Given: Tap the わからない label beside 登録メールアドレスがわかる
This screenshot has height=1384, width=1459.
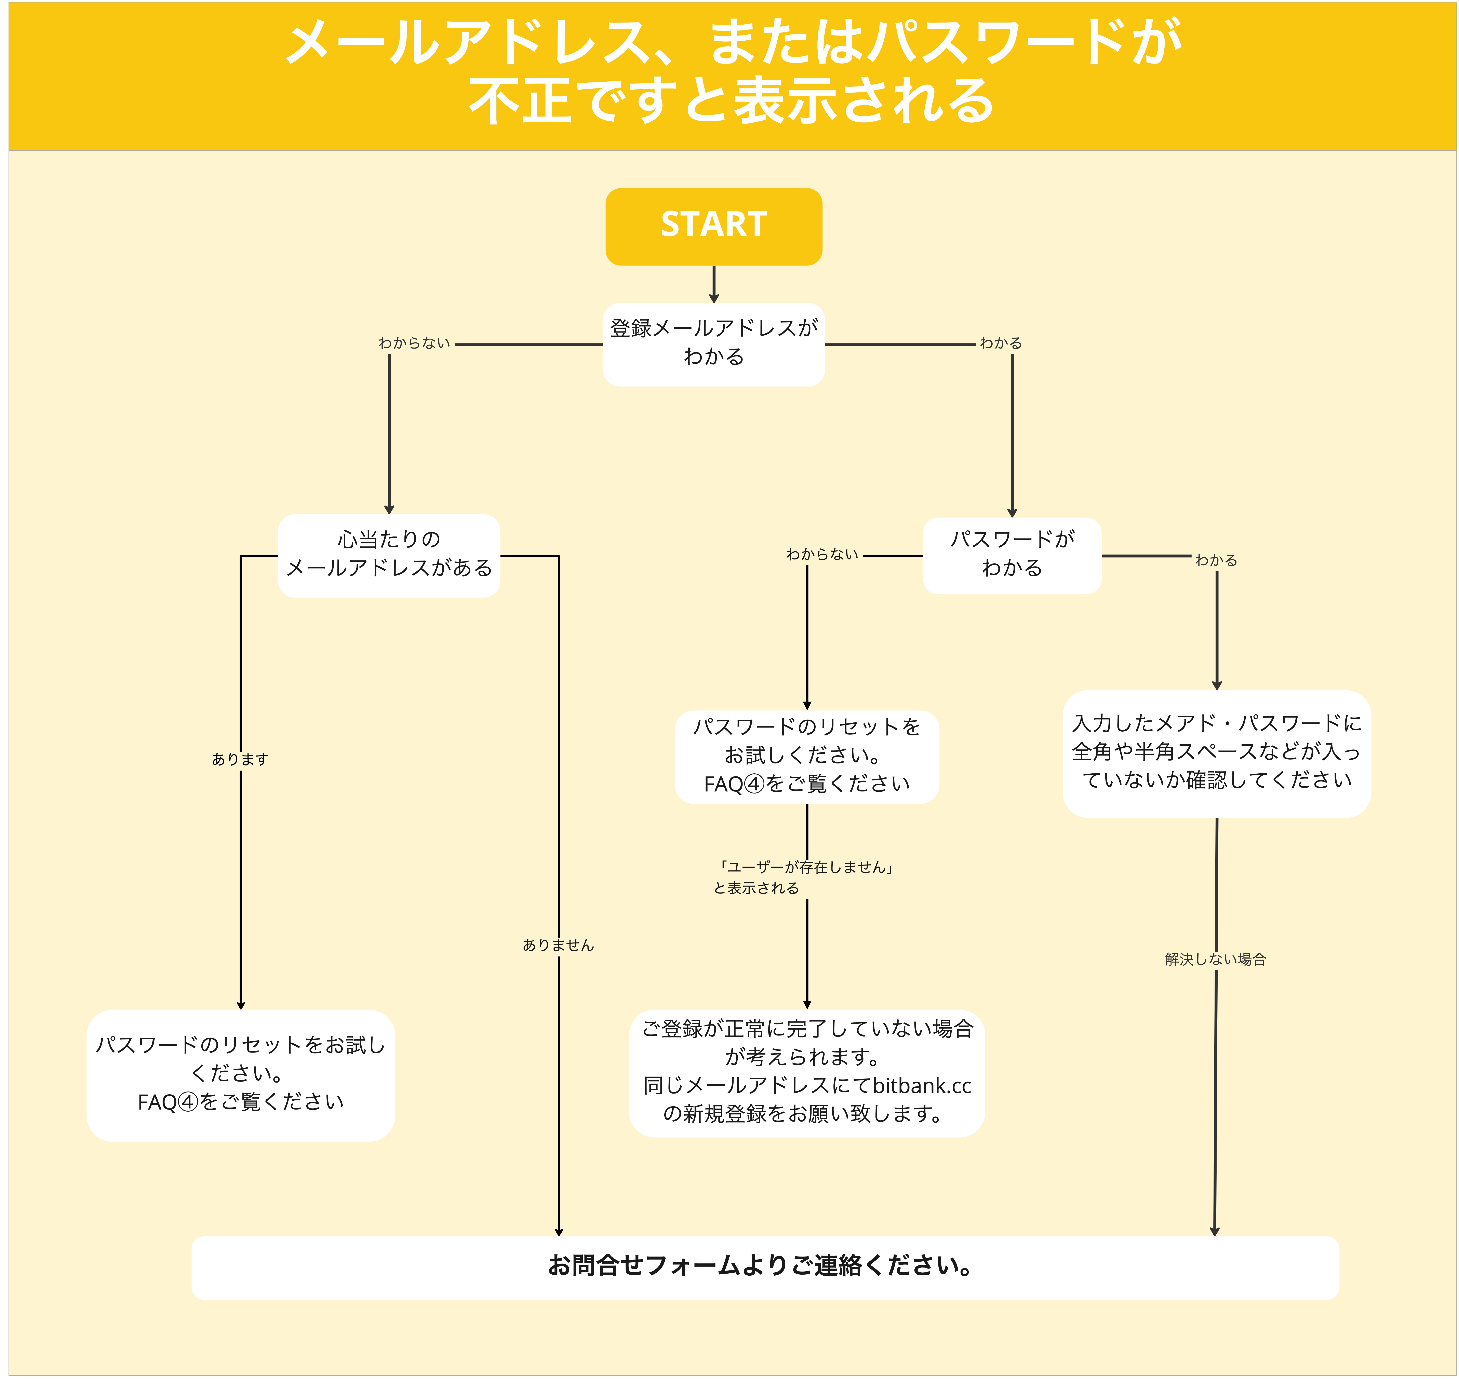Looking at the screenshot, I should [x=414, y=343].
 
